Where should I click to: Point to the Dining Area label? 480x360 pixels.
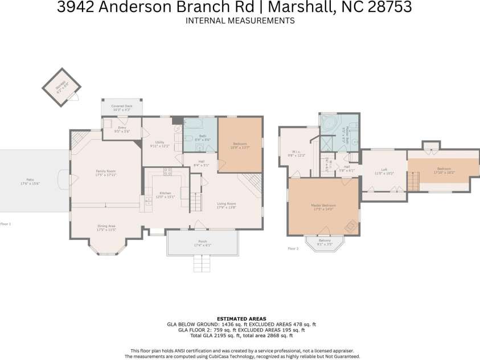(x=106, y=228)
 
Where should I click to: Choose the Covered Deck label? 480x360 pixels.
(x=121, y=107)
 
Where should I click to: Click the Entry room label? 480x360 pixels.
(x=122, y=129)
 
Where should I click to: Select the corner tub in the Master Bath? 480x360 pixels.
(x=330, y=125)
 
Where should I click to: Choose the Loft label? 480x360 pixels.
(x=384, y=171)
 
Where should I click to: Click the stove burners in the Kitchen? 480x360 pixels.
(x=169, y=170)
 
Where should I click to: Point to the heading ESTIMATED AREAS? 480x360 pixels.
(x=240, y=318)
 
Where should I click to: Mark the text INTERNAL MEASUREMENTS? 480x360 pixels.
(x=240, y=21)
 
